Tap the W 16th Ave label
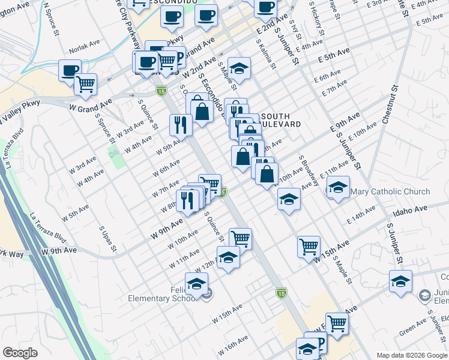point(232,344)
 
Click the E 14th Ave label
point(361,217)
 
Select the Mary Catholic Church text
point(390,192)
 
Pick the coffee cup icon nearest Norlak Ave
point(70,70)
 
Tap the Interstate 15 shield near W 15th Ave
point(281,292)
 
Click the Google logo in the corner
point(20,353)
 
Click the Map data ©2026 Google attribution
point(412,355)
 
